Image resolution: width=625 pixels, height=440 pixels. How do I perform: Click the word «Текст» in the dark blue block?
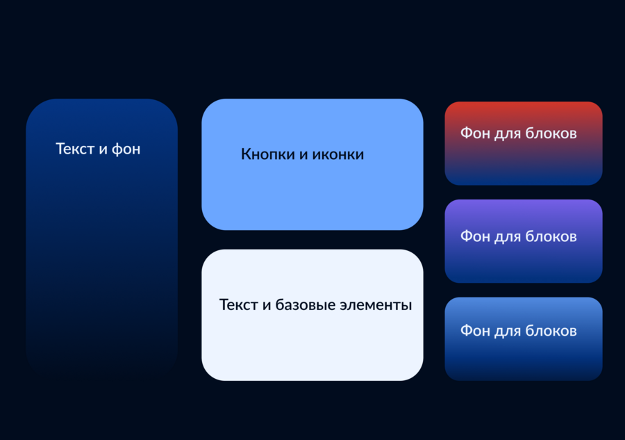(75, 149)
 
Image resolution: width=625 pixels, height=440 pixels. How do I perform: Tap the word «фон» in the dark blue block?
(126, 149)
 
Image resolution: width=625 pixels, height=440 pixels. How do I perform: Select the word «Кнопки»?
(268, 154)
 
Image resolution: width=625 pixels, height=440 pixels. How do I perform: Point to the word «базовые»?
(306, 305)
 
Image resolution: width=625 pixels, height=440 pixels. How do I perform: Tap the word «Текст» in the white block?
(239, 305)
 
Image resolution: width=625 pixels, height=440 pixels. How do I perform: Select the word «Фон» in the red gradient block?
(475, 133)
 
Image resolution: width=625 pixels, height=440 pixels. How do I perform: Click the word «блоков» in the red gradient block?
(551, 133)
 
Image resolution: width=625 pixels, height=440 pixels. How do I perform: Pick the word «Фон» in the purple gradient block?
(475, 236)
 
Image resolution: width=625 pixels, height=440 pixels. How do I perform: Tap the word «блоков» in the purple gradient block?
(551, 236)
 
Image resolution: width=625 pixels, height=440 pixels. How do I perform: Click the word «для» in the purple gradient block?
(508, 237)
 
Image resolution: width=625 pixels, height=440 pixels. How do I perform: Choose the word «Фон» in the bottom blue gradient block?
(475, 331)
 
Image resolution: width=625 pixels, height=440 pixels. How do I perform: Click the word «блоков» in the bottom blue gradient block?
(551, 331)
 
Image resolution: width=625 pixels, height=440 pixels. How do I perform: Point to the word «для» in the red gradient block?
(508, 134)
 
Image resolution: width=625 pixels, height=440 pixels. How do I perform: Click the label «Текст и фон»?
(98, 149)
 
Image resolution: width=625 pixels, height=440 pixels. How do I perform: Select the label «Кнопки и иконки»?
(303, 154)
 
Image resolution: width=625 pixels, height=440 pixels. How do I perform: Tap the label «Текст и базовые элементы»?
(316, 305)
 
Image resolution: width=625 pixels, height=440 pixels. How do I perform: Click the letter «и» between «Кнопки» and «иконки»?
(303, 155)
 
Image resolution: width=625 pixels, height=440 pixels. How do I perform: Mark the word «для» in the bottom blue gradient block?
(508, 332)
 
